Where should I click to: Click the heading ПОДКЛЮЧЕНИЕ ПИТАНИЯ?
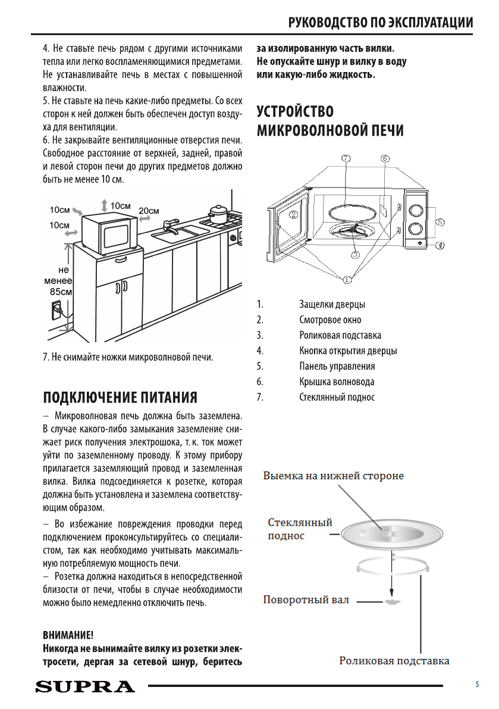120,397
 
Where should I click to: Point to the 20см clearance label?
149,211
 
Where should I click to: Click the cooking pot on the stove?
217,214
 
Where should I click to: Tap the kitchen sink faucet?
170,224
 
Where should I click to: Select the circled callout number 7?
346,158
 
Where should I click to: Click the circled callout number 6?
385,158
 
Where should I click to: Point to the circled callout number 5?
440,221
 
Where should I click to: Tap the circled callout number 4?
440,245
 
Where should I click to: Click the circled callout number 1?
347,279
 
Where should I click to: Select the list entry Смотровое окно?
330,320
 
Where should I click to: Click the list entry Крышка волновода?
337,382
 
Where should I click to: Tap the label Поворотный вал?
306,599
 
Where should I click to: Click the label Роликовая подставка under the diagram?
394,661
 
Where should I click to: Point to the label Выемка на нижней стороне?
334,476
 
